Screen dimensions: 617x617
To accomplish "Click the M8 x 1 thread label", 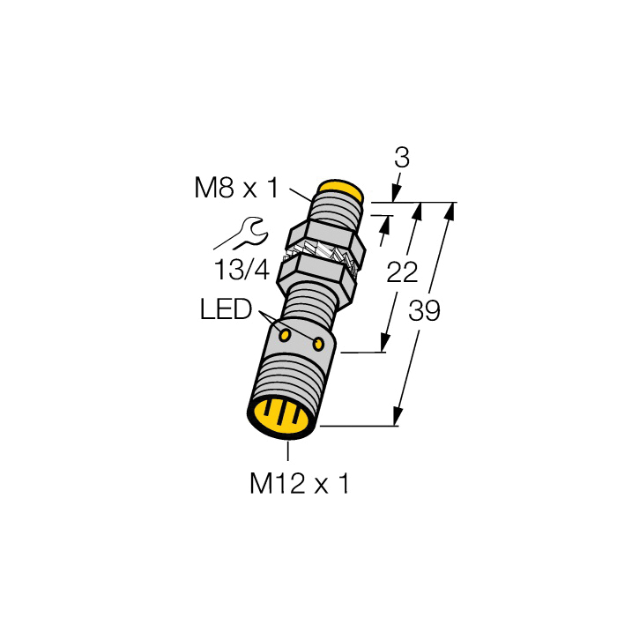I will [x=235, y=188].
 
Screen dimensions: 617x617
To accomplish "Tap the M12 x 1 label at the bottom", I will [x=300, y=483].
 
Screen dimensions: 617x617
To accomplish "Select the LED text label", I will [x=227, y=309].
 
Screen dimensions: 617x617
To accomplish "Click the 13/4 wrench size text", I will [x=241, y=270].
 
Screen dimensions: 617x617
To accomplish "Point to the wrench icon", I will [x=241, y=234].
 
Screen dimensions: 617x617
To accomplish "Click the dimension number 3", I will [x=402, y=159].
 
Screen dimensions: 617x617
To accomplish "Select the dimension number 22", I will [x=403, y=272].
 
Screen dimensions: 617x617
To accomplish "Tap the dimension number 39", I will [x=424, y=311].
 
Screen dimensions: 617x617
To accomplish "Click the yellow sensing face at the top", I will [x=341, y=189].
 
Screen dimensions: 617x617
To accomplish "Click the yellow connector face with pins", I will [x=278, y=414].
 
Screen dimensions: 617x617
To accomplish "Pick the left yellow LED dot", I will [x=285, y=335].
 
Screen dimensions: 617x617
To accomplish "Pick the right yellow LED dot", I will [x=319, y=342].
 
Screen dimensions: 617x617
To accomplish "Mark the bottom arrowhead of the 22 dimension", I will [x=385, y=345].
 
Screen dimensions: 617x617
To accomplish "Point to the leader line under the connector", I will [x=288, y=450].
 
